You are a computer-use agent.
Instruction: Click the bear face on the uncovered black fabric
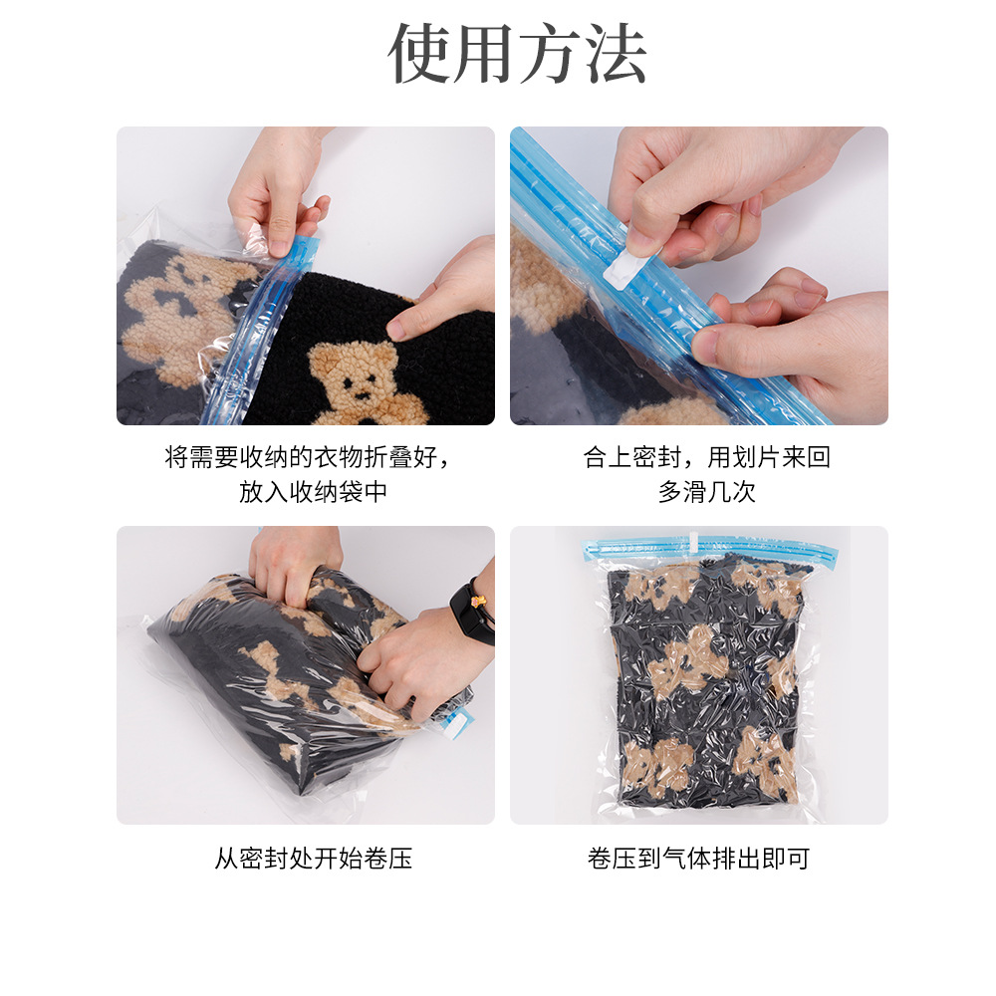pyautogui.click(x=355, y=376)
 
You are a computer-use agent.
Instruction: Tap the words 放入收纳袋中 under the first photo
pyautogui.click(x=313, y=492)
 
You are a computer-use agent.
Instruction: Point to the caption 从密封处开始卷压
pyautogui.click(x=313, y=859)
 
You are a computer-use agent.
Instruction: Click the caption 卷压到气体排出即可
pyautogui.click(x=698, y=859)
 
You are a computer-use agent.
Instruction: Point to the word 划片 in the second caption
pyautogui.click(x=757, y=458)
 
